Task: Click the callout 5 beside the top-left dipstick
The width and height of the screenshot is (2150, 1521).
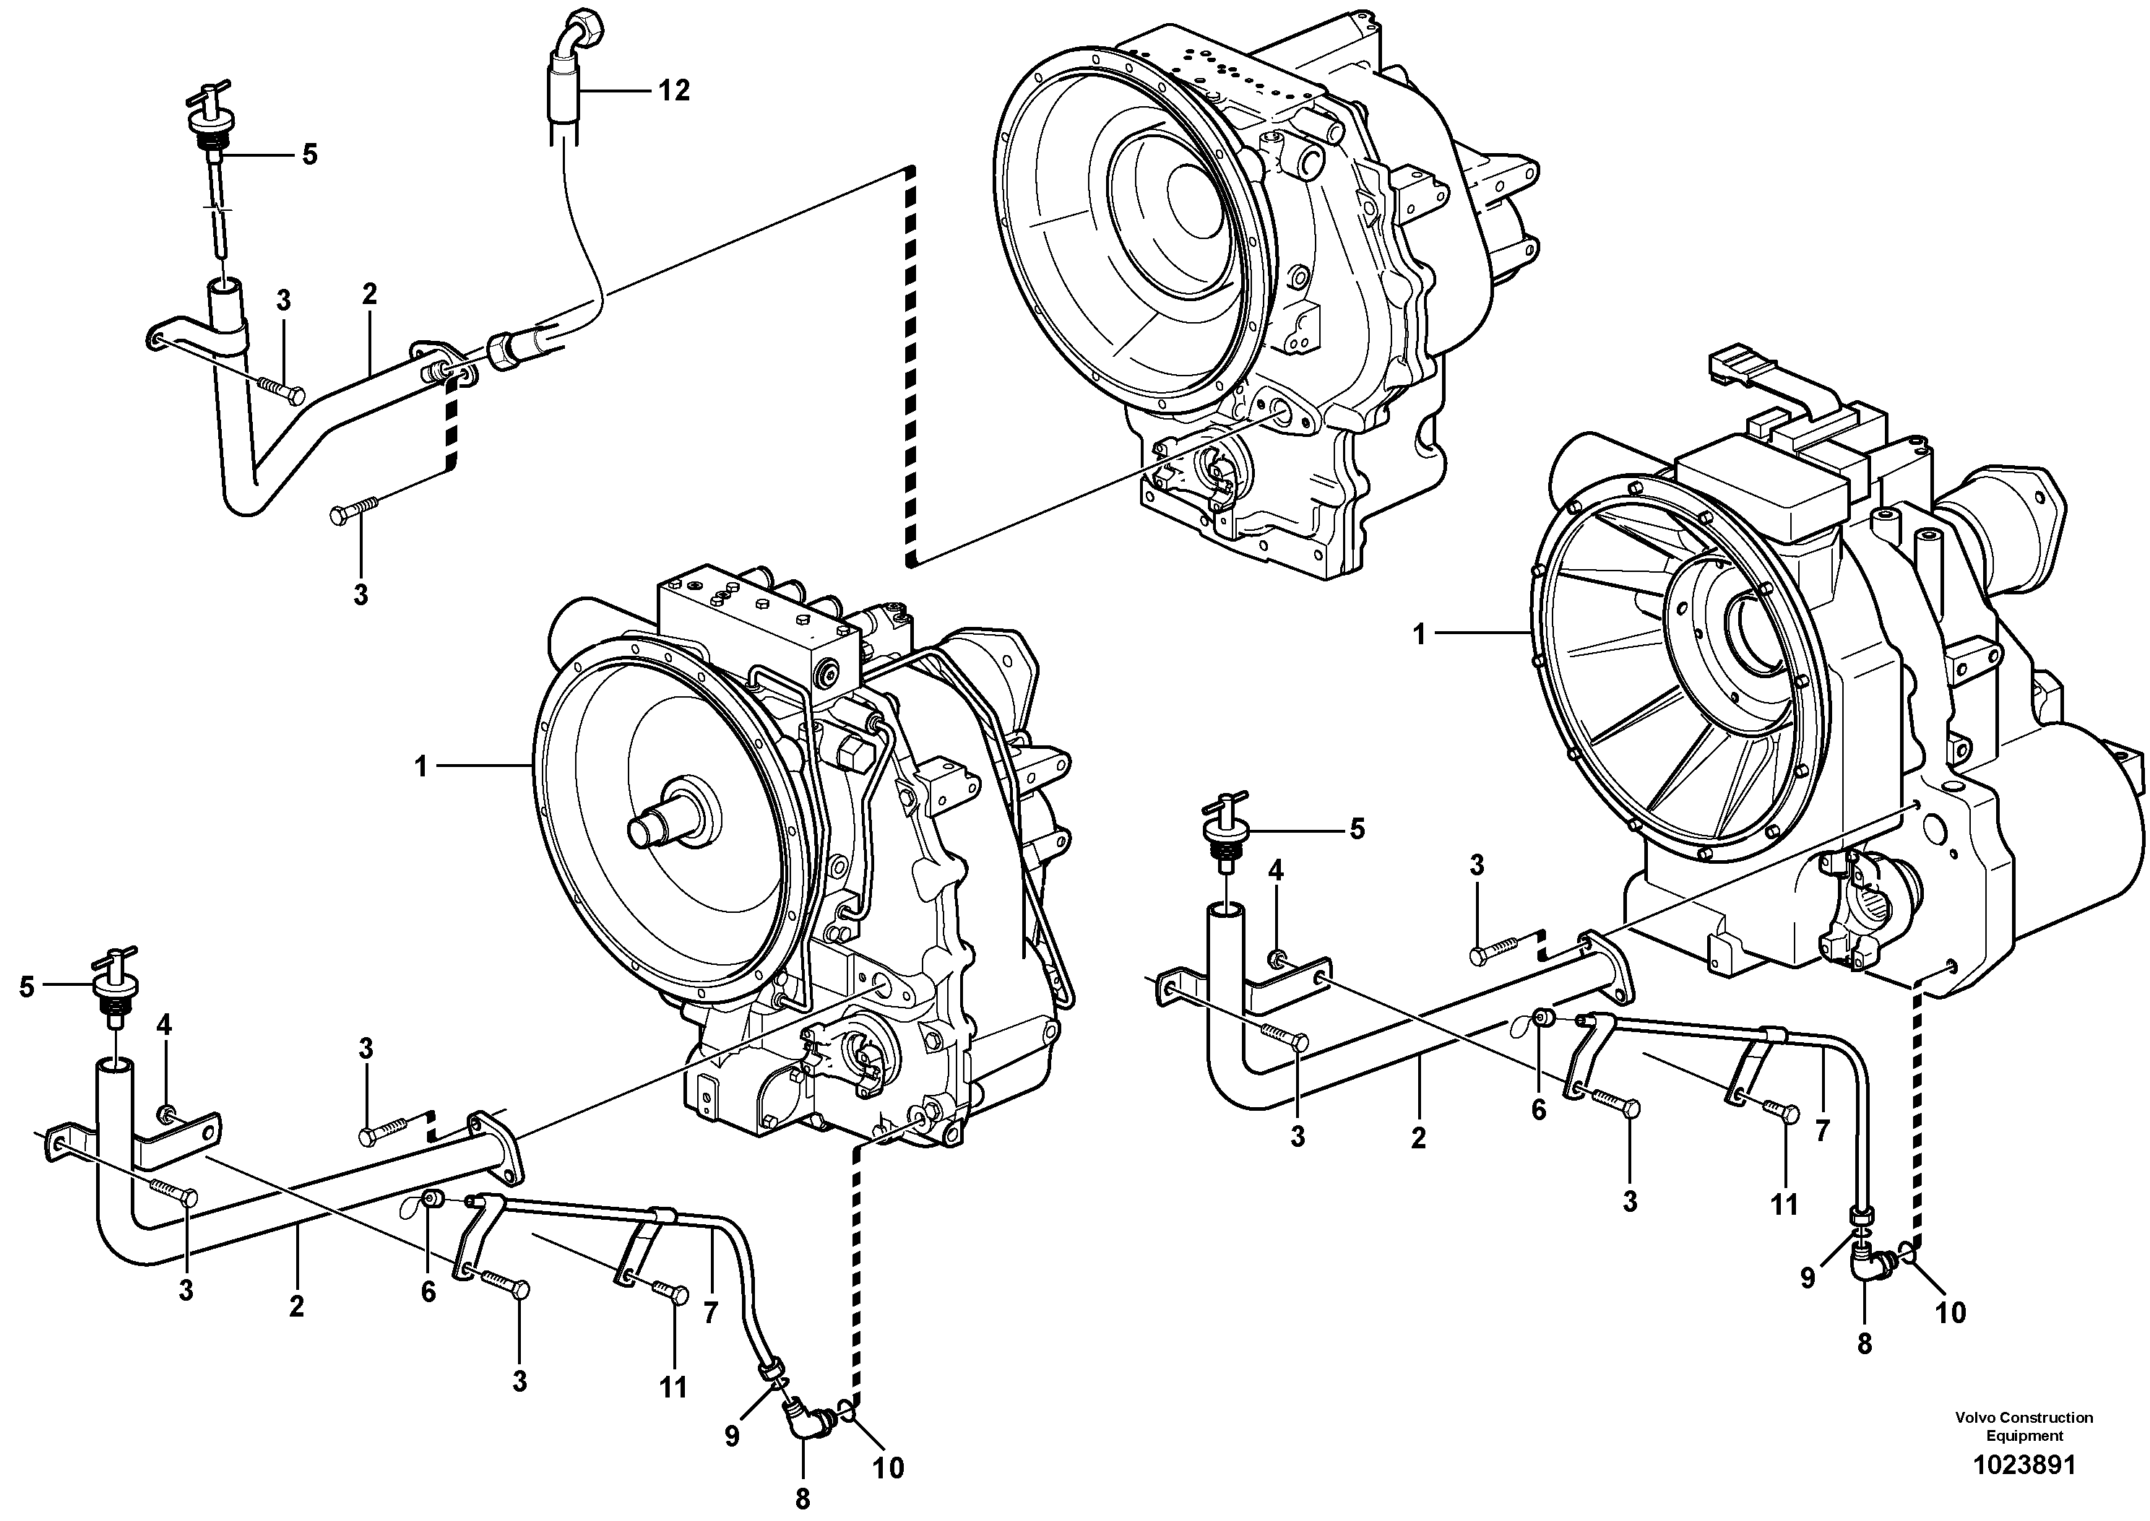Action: tap(309, 155)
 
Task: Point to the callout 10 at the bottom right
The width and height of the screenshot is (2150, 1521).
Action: tap(1951, 1312)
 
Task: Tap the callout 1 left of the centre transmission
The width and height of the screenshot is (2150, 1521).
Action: tap(420, 767)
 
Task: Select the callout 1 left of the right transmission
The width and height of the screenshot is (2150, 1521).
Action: tap(1420, 635)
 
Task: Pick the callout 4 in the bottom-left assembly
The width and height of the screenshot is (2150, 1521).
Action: tap(164, 1025)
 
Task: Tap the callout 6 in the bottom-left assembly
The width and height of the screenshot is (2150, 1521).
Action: tap(428, 1291)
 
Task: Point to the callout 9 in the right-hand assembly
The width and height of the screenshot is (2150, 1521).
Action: tap(1807, 1278)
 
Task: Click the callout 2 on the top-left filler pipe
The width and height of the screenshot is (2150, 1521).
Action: tap(369, 293)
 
